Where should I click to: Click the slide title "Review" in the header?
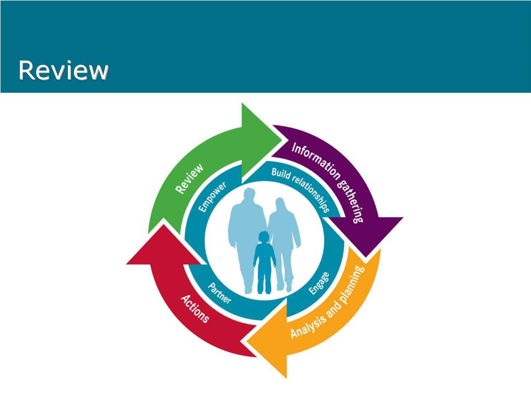(63, 70)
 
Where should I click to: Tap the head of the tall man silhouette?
(249, 196)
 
